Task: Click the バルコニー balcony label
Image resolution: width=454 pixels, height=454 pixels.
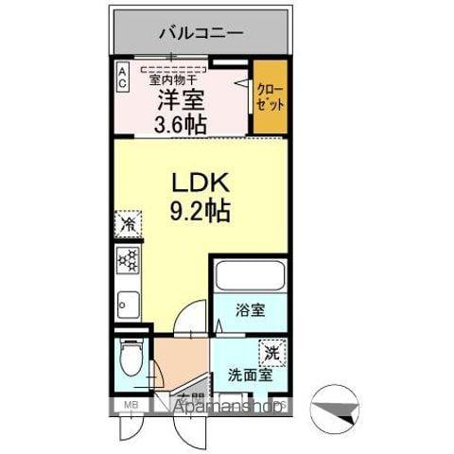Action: click(201, 33)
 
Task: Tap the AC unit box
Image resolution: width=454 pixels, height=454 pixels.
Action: click(122, 76)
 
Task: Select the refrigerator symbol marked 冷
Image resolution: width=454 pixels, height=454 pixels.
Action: click(126, 224)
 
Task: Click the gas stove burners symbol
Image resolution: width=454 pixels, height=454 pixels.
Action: click(126, 259)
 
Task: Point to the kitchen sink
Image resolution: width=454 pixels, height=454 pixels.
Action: click(126, 305)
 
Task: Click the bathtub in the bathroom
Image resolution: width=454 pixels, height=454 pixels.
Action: click(250, 276)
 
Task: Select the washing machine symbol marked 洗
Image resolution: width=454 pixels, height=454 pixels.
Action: click(271, 350)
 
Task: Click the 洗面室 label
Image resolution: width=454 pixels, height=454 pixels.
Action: click(247, 375)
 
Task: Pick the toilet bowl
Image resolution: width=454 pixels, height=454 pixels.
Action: click(131, 360)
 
